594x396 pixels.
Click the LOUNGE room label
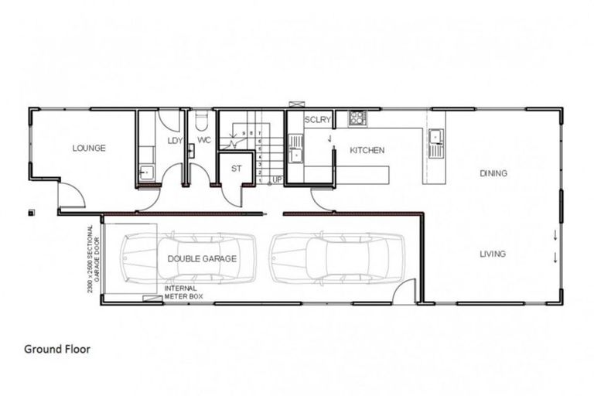[89, 148]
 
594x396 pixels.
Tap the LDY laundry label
[173, 141]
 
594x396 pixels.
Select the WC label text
[203, 141]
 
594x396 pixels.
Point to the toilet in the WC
[202, 122]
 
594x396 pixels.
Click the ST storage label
[237, 169]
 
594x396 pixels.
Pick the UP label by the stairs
[277, 180]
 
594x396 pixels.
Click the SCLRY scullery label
[317, 120]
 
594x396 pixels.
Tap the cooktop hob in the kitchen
[357, 118]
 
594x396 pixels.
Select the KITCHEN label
[367, 150]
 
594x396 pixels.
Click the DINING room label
[493, 173]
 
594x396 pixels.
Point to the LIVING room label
[492, 254]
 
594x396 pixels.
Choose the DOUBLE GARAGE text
[202, 259]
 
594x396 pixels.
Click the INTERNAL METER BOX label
[186, 291]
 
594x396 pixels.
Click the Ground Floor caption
[56, 350]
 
